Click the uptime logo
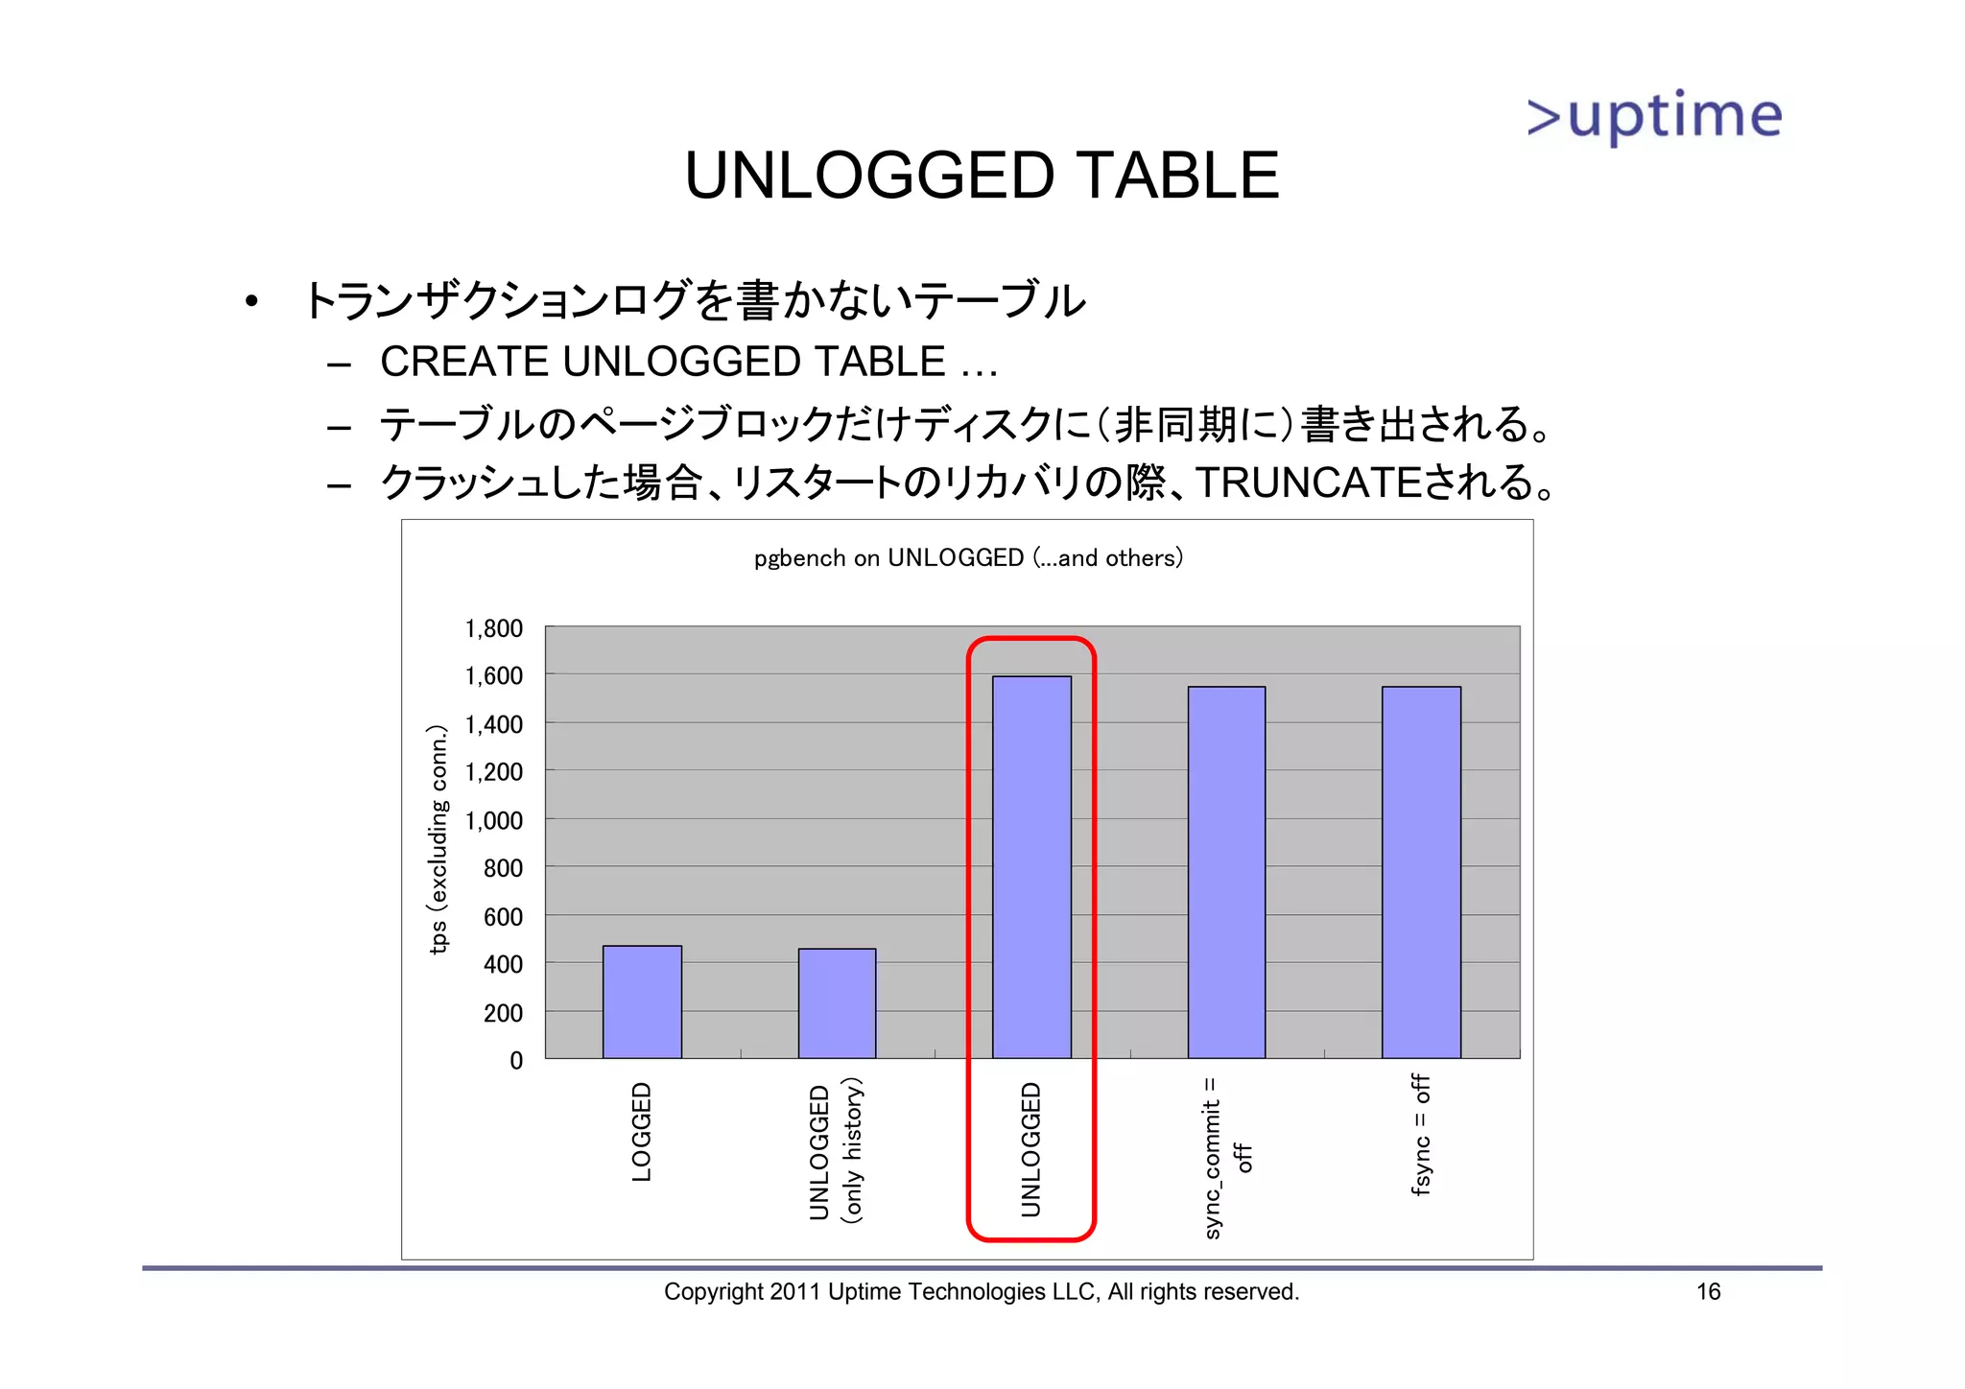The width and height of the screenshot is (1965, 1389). pyautogui.click(x=1654, y=116)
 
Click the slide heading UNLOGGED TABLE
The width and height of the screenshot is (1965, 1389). pyautogui.click(x=981, y=176)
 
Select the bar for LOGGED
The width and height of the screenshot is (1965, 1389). pyautogui.click(x=642, y=1001)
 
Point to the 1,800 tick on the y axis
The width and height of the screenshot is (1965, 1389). pyautogui.click(x=493, y=628)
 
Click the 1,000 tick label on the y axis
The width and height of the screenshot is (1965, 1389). pyautogui.click(x=493, y=820)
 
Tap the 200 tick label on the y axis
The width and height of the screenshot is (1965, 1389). pyautogui.click(x=503, y=1012)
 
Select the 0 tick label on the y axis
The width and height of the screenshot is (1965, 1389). pyautogui.click(x=516, y=1060)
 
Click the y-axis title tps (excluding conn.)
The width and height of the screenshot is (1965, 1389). pyautogui.click(x=438, y=840)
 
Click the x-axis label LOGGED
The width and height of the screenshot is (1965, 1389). pyautogui.click(x=642, y=1132)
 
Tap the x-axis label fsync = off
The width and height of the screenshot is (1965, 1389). pyautogui.click(x=1421, y=1135)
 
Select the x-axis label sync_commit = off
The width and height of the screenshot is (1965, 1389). pyautogui.click(x=1226, y=1157)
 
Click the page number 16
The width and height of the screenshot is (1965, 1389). pyautogui.click(x=1708, y=1291)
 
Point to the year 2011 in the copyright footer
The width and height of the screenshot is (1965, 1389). pyautogui.click(x=794, y=1291)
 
